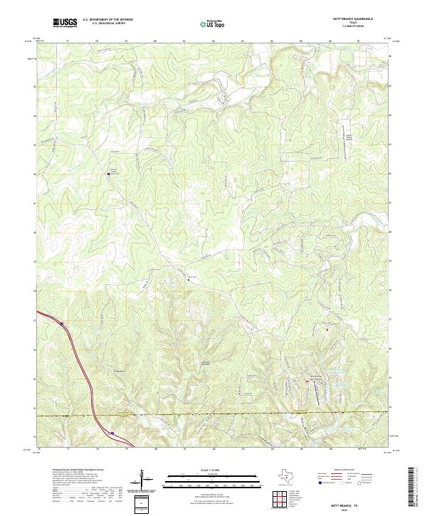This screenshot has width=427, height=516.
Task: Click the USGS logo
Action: click(x=65, y=23)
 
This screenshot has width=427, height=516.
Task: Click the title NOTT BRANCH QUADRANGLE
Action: click(x=353, y=19)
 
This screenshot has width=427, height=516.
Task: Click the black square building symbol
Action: click(x=108, y=173)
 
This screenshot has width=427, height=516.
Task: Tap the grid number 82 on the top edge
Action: click(x=213, y=41)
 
